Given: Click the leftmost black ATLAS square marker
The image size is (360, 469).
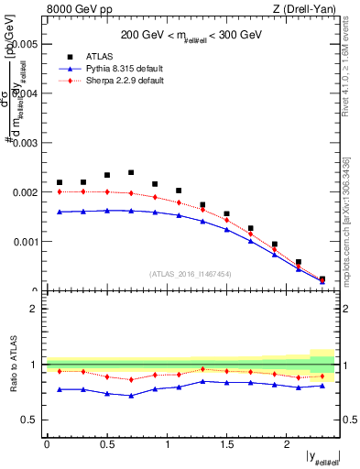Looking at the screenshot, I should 60,182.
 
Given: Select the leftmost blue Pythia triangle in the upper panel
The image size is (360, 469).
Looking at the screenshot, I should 60,212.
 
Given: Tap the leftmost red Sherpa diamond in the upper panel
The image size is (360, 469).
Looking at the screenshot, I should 60,192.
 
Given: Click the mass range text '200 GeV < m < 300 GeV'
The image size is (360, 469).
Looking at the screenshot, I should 192,33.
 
